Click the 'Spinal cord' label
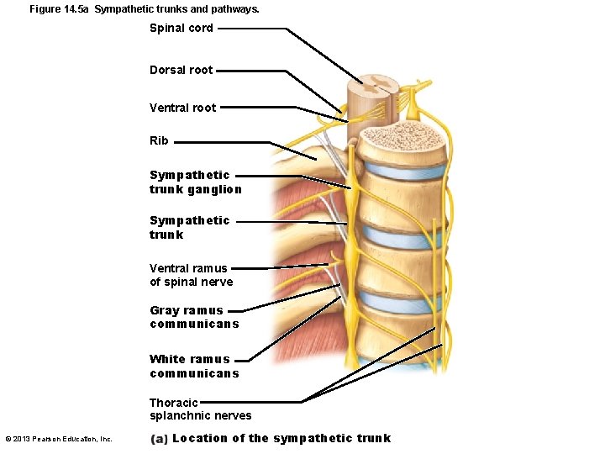tap(181, 28)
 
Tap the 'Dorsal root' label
tap(181, 70)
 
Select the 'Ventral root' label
tap(182, 108)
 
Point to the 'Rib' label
tap(159, 140)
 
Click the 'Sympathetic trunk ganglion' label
tap(195, 182)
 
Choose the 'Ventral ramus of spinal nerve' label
tap(191, 275)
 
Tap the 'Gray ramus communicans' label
tap(194, 317)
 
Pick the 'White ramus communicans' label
tap(194, 366)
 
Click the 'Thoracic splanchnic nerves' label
tap(200, 409)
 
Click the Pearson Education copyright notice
tap(59, 439)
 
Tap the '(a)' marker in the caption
tap(159, 438)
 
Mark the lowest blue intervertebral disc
tap(402, 301)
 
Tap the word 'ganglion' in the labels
tap(214, 189)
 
